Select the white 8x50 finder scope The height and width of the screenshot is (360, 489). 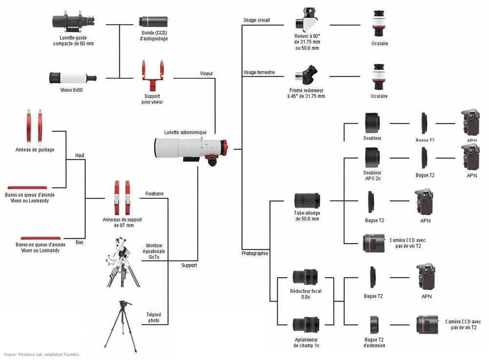point(72,78)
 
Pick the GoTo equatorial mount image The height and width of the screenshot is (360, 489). point(122,262)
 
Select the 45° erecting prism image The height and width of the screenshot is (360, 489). point(307,75)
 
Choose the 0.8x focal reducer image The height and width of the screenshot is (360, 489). point(306,276)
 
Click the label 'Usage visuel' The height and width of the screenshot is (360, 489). point(257,21)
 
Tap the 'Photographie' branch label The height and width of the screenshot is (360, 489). point(255,254)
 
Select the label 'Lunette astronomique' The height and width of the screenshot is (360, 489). point(185,133)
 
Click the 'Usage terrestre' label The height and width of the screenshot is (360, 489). point(259,72)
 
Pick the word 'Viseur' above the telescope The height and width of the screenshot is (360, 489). point(206,73)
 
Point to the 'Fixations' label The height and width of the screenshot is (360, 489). point(155,194)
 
